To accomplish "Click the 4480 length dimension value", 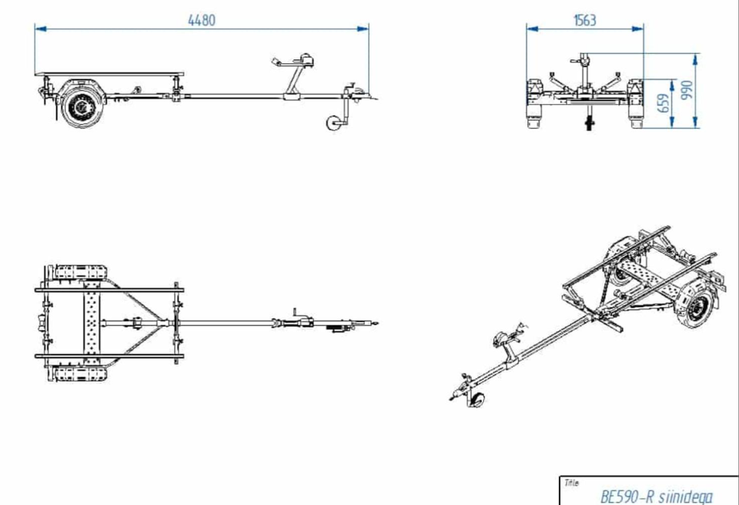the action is tap(202, 20).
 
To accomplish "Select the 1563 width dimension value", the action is tap(585, 20).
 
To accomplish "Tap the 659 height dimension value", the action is tap(664, 103).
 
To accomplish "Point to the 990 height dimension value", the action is tap(687, 89).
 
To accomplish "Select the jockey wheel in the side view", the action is tap(334, 123).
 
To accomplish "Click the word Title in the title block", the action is tap(571, 483).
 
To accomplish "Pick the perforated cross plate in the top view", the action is tap(92, 323).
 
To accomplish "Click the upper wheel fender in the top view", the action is tap(81, 272).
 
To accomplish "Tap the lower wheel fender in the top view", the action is tap(81, 374).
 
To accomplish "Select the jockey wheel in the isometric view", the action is tap(477, 399).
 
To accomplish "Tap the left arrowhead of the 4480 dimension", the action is tap(41, 29).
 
